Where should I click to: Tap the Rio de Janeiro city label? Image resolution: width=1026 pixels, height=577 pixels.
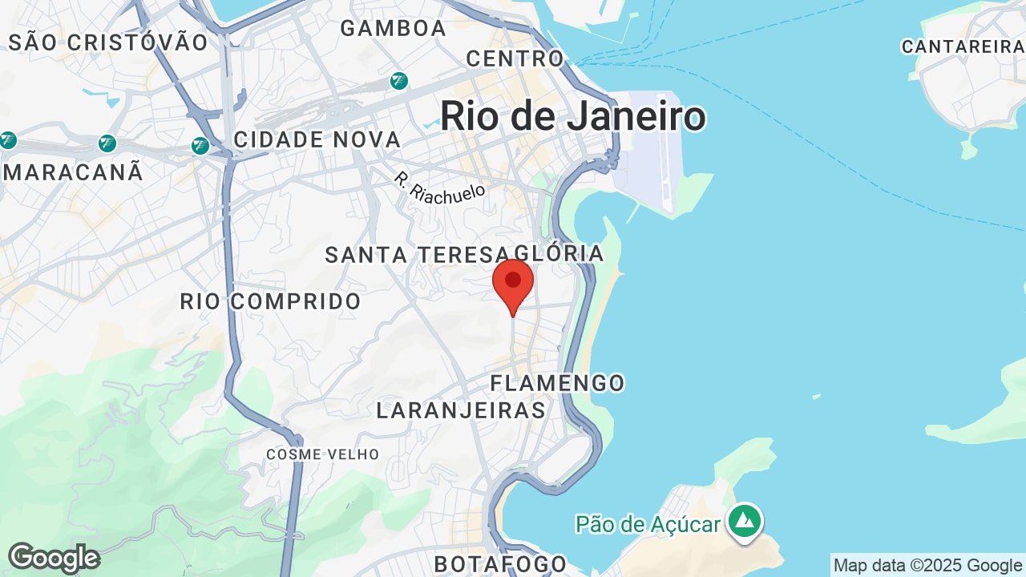pos(572,116)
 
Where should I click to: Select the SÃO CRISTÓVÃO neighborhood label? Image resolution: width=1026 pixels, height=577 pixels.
pos(108,42)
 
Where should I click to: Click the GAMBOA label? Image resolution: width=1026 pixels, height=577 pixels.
pos(393,28)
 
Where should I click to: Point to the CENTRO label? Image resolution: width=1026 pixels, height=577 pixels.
pos(515,59)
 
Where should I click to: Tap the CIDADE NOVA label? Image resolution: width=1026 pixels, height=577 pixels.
pos(317,139)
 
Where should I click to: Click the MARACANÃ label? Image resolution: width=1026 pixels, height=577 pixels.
pos(74,171)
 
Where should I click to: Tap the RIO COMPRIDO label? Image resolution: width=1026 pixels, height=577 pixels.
pos(271,301)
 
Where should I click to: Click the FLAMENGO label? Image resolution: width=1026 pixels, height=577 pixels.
pos(558,383)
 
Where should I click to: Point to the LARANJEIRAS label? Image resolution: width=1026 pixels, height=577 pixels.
pos(461,410)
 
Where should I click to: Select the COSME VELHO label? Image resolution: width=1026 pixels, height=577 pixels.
pos(323,454)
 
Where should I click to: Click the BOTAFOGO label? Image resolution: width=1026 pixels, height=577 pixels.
pos(500,564)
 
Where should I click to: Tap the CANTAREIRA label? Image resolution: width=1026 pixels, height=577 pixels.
pos(961,46)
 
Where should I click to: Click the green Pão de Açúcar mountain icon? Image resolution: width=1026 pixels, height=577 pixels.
pos(745,520)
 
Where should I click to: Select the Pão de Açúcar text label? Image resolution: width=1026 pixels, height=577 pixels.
pos(648,524)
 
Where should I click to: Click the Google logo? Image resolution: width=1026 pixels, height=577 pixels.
pos(54,558)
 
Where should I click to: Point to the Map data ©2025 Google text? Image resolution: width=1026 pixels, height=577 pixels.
pos(927,565)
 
